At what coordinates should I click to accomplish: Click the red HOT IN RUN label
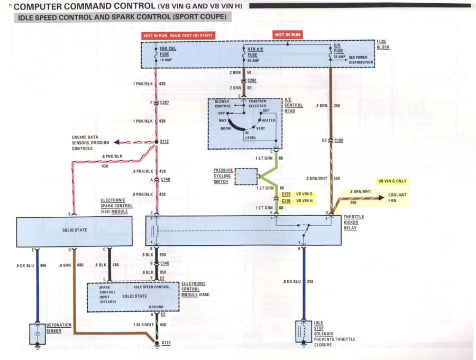[x=287, y=34]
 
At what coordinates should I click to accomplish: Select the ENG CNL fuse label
[x=165, y=52]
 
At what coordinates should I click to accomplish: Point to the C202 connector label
[x=252, y=80]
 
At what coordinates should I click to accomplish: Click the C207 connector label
[x=164, y=102]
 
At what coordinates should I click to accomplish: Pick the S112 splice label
[x=164, y=142]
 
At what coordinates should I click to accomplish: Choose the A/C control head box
[x=245, y=123]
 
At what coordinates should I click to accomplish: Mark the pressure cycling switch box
[x=245, y=177]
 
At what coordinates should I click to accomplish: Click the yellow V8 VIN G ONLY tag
[x=392, y=181]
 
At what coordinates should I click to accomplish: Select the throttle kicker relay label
[x=353, y=223]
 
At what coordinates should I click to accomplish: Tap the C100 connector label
[x=339, y=140]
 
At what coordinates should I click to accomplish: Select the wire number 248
[x=310, y=282]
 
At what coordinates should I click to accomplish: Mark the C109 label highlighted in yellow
[x=287, y=194]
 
